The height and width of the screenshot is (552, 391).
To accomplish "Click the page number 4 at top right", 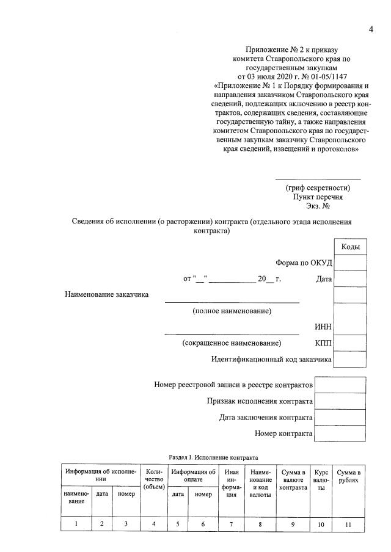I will click(x=370, y=31).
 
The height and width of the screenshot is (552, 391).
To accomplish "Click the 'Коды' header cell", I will click(x=350, y=247).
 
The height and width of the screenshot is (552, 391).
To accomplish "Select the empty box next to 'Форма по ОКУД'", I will click(x=350, y=263).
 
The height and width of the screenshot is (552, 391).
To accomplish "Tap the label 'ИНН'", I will click(x=323, y=327).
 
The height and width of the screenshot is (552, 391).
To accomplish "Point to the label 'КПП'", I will click(x=323, y=343).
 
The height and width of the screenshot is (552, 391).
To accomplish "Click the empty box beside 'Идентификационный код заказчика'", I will click(x=350, y=359).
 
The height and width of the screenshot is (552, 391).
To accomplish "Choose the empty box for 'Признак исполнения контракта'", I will click(x=340, y=401).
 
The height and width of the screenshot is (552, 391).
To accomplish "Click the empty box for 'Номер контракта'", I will click(x=340, y=434).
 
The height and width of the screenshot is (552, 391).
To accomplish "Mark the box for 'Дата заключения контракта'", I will click(x=340, y=418).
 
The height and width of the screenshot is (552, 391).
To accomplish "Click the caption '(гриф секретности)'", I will click(x=318, y=187).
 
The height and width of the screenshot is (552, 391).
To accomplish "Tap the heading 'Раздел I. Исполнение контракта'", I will click(x=213, y=457).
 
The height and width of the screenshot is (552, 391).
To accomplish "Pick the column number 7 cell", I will click(x=232, y=524).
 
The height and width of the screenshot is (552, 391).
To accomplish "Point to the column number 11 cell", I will click(x=349, y=524).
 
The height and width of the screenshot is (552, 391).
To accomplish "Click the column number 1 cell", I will click(x=76, y=524).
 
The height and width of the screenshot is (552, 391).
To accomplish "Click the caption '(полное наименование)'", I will click(x=232, y=311).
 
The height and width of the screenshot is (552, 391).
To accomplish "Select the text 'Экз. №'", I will click(x=318, y=206).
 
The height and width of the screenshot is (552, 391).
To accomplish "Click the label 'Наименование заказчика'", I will click(x=107, y=295).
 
